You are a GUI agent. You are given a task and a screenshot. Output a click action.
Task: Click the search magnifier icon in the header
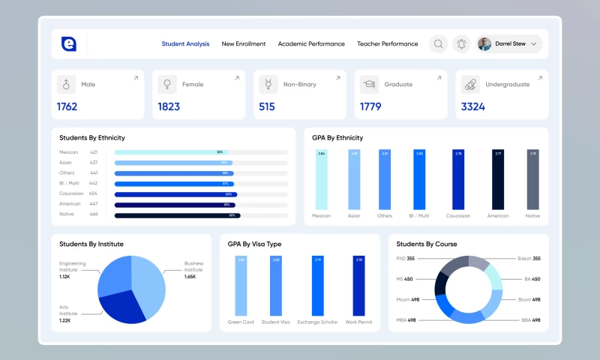coord(439,44)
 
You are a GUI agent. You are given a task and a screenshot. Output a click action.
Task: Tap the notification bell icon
coord(461,44)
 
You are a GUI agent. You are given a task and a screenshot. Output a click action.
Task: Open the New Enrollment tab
coord(244,44)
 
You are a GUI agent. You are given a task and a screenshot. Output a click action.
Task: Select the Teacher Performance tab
coord(388,44)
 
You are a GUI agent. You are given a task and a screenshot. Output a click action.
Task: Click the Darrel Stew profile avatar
coord(484,44)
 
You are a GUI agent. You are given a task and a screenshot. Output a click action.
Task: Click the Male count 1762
coord(67,107)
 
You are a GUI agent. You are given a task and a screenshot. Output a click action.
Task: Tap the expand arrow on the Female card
coord(237,78)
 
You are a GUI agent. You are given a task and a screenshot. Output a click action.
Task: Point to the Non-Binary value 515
coord(267,107)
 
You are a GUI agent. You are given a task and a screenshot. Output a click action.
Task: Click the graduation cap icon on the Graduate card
coord(369,85)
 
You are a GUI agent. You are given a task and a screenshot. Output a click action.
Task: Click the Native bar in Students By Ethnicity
coord(177,215)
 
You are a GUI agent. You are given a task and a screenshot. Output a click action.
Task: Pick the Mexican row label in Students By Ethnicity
coord(70,152)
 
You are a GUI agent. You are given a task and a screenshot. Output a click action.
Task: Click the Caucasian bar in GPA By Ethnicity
coord(458,180)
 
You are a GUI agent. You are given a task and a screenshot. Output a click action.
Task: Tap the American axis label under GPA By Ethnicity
coord(498,216)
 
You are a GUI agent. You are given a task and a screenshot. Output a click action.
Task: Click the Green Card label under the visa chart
coord(241,322)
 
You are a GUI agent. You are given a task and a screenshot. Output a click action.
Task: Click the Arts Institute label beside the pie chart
coord(67,310)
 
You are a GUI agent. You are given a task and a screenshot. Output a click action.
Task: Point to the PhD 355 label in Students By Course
coord(405,259)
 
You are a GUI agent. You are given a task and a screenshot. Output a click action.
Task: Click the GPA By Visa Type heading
coord(254,244)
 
